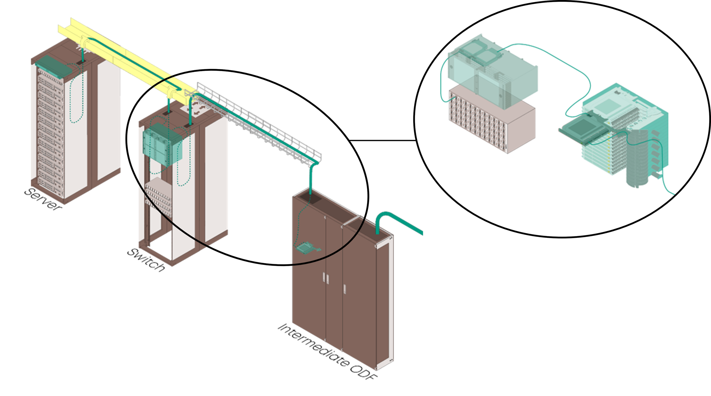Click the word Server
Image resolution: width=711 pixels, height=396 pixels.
click(x=43, y=199)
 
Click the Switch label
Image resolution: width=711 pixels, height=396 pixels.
click(x=146, y=260)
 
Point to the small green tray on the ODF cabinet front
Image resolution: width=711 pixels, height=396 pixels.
click(x=305, y=248)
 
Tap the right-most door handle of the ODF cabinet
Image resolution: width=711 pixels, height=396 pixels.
click(x=345, y=289)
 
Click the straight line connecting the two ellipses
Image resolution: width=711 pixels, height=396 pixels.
click(x=382, y=140)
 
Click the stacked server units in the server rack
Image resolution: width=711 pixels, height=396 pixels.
click(x=50, y=133)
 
